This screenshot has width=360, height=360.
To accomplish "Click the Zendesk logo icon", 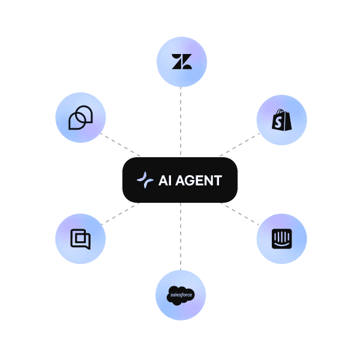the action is point(182,62).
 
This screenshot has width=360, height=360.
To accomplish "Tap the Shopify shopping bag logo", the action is point(282,120).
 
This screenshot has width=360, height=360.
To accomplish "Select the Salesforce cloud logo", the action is point(181,295).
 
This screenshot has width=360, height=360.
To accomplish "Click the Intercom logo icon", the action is point(282,239).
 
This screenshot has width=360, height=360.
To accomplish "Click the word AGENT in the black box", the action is point(199,181).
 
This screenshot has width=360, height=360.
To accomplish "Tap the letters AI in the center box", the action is point(165,181).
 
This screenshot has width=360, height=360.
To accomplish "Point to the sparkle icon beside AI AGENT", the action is point(145,180).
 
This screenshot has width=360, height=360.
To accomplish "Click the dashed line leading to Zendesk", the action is point(181,122).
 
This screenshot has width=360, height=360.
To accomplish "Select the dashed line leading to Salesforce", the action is point(181,236).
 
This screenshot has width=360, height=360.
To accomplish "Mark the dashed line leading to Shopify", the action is point(239,145).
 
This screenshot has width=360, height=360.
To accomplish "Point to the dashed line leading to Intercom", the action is point(239,214).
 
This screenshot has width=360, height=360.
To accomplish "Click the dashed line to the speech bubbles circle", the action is point(121,145).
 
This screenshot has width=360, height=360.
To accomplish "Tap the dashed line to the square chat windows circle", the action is point(121,214).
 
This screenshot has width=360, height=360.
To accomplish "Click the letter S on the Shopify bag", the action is point(278,122).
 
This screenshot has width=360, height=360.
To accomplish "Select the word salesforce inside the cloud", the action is point(181,295).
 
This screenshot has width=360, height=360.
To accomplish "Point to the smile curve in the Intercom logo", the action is point(282,245).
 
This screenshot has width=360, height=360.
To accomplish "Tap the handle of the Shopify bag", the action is point(281,112).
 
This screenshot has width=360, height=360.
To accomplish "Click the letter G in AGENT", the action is point(193,181).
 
